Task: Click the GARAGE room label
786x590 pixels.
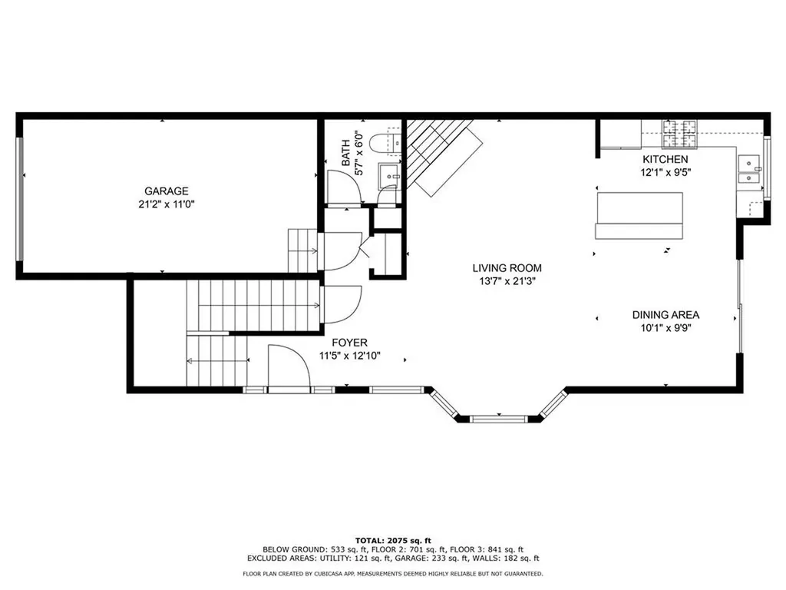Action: coord(167,191)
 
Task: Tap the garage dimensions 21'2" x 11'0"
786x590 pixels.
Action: coord(167,205)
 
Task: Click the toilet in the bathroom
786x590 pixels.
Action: coord(384,143)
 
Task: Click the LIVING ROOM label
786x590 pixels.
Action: coord(507,268)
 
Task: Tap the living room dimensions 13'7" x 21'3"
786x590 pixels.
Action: coord(507,281)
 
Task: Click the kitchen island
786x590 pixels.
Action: coord(639,216)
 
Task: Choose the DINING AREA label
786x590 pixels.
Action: coord(665,314)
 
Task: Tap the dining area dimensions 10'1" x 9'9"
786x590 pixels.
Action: coord(665,328)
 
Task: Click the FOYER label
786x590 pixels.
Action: coord(349,343)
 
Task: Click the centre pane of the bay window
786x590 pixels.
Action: coord(498,419)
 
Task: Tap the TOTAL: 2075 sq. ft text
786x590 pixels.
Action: coord(392,540)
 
